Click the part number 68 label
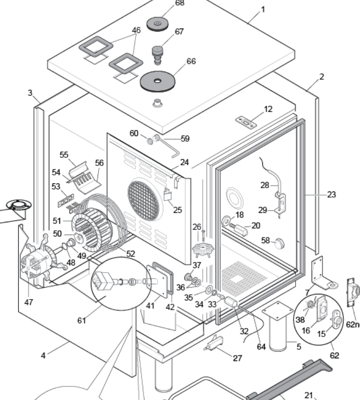pos(180,3)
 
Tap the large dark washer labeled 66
pos(158,81)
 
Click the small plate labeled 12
pos(246,123)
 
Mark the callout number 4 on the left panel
pos(43,355)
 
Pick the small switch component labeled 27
pos(214,343)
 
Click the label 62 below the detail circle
pos(334,355)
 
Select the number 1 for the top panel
pos(263,9)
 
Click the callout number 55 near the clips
pos(64,155)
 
